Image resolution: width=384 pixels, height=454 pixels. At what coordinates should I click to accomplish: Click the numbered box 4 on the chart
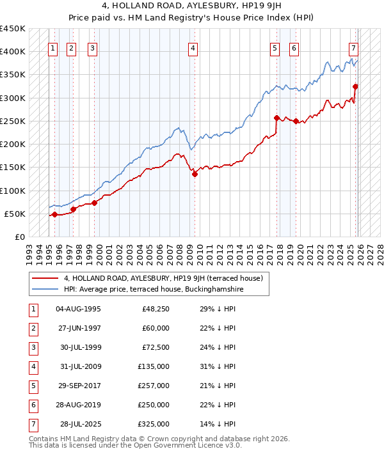pyautogui.click(x=193, y=47)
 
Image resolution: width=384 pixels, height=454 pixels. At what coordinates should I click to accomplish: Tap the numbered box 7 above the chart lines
pyautogui.click(x=353, y=47)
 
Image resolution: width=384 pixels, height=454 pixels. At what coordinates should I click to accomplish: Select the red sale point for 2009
pyautogui.click(x=195, y=174)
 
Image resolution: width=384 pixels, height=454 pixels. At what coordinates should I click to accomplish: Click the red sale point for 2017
pyautogui.click(x=276, y=118)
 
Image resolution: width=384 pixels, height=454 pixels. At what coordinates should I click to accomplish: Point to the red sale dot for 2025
pyautogui.click(x=355, y=86)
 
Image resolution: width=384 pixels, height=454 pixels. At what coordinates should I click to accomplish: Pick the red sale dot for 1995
pyautogui.click(x=54, y=214)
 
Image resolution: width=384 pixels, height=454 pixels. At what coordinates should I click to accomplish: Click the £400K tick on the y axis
pyautogui.click(x=13, y=51)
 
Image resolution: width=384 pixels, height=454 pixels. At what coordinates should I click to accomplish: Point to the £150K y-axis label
pyautogui.click(x=13, y=167)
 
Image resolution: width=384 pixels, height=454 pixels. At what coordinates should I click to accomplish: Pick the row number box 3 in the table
pyautogui.click(x=32, y=348)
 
